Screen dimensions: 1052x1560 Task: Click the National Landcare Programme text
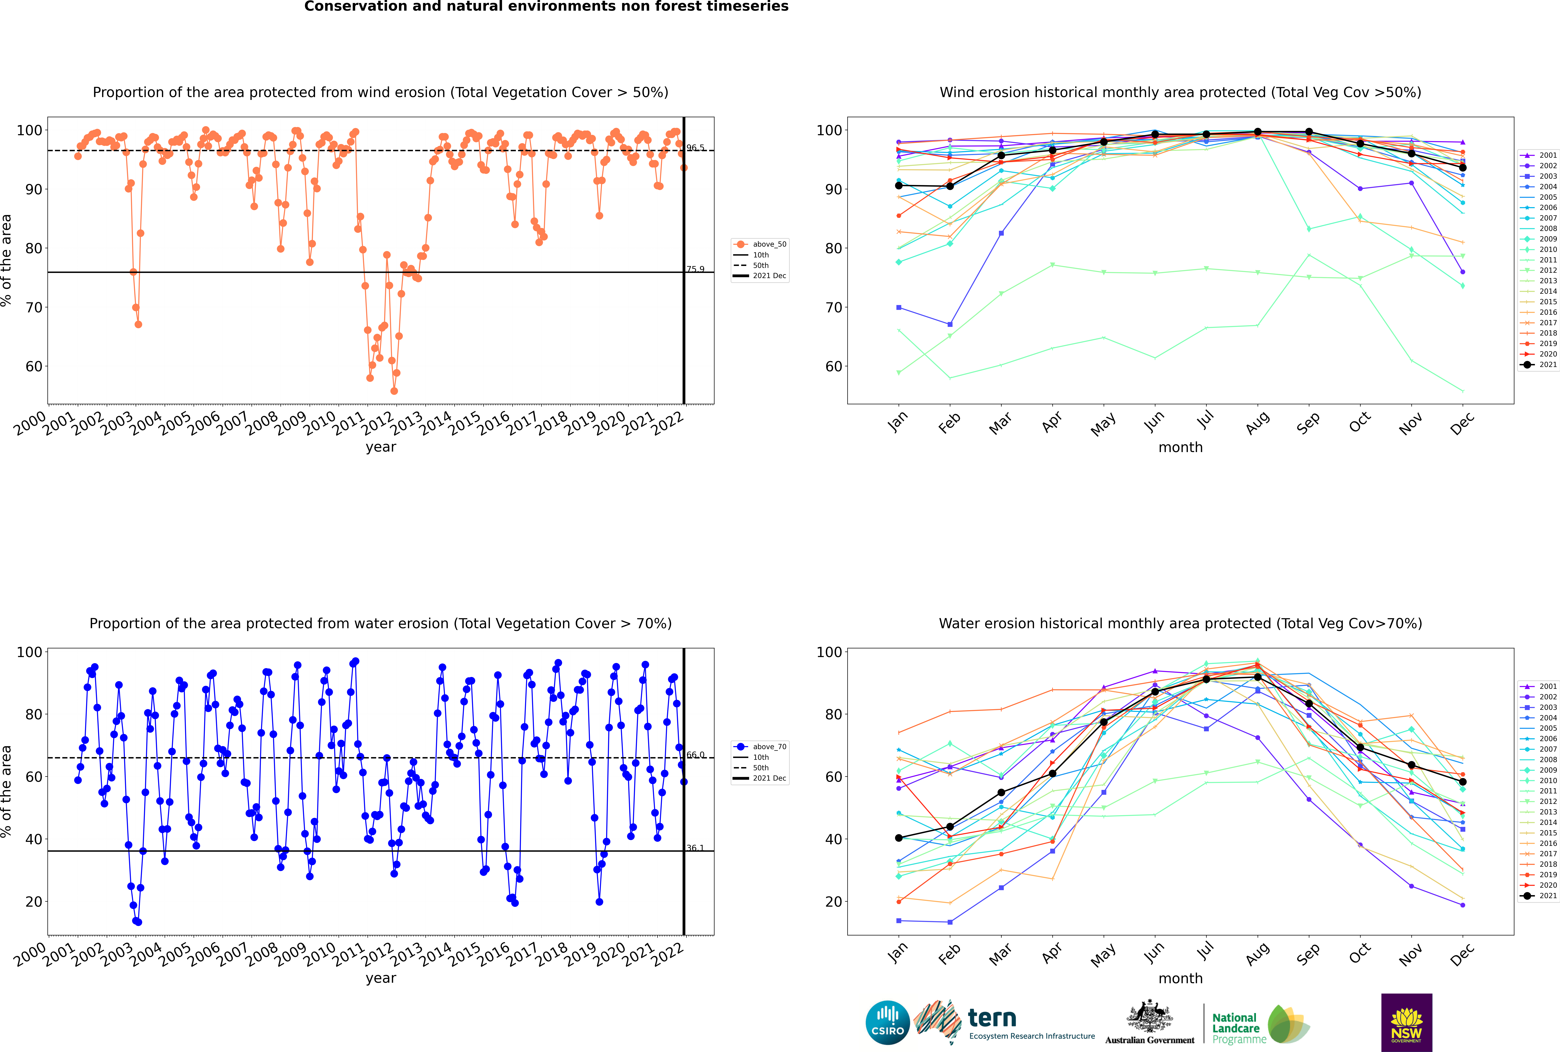point(1235,1028)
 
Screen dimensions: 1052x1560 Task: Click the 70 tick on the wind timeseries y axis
point(33,307)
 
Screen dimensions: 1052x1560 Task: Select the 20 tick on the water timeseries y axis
point(33,902)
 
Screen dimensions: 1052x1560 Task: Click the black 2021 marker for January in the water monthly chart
point(899,838)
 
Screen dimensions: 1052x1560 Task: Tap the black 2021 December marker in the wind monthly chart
point(1463,168)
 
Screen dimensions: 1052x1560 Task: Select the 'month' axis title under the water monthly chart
point(1180,978)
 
